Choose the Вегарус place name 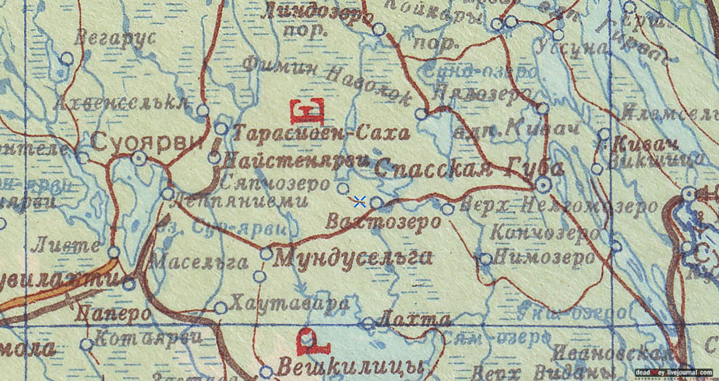point(115,38)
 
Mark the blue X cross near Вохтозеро point(359,201)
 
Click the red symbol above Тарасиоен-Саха point(307,111)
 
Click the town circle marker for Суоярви point(139,157)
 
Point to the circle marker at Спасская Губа point(542,185)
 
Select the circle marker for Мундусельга point(266,253)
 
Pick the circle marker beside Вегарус point(67,58)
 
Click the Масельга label point(199,262)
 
